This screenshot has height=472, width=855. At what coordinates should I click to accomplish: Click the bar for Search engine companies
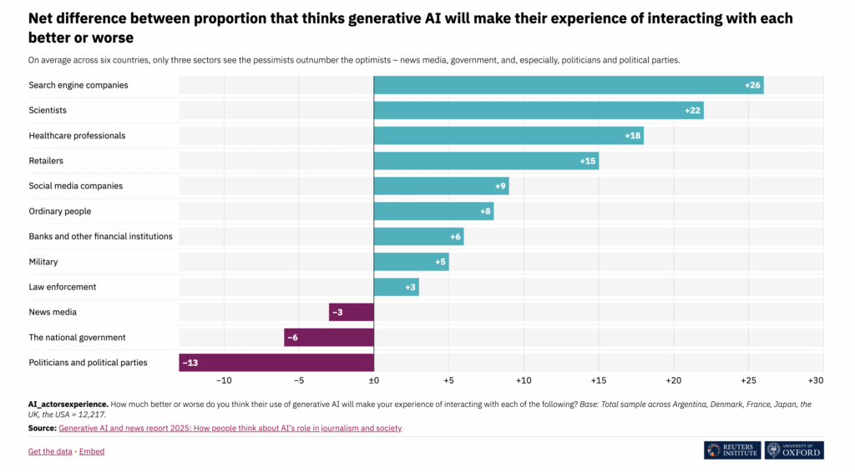tap(568, 85)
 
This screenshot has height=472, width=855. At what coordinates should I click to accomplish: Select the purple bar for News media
tap(352, 312)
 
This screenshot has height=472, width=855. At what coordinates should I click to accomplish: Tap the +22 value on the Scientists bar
tap(693, 110)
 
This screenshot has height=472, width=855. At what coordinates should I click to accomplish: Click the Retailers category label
tap(46, 161)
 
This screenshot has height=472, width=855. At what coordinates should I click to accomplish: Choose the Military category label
tap(43, 262)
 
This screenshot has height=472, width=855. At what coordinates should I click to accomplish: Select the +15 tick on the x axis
tap(599, 380)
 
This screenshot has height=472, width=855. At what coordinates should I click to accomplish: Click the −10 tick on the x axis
tap(224, 380)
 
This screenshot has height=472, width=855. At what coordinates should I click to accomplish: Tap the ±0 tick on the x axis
tap(374, 380)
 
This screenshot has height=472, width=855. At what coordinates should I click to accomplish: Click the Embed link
tap(92, 451)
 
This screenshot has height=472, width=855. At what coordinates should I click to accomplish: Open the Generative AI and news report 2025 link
tap(230, 428)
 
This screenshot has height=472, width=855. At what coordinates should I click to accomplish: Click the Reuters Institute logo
tap(731, 449)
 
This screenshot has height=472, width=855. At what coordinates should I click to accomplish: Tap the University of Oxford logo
tap(794, 449)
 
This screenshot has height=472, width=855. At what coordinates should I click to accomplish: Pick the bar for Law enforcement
tap(396, 287)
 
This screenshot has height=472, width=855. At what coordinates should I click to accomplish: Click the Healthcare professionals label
tap(77, 136)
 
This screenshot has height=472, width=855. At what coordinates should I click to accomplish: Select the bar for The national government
tap(329, 338)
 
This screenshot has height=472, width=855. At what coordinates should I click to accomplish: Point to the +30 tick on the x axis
tap(815, 380)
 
